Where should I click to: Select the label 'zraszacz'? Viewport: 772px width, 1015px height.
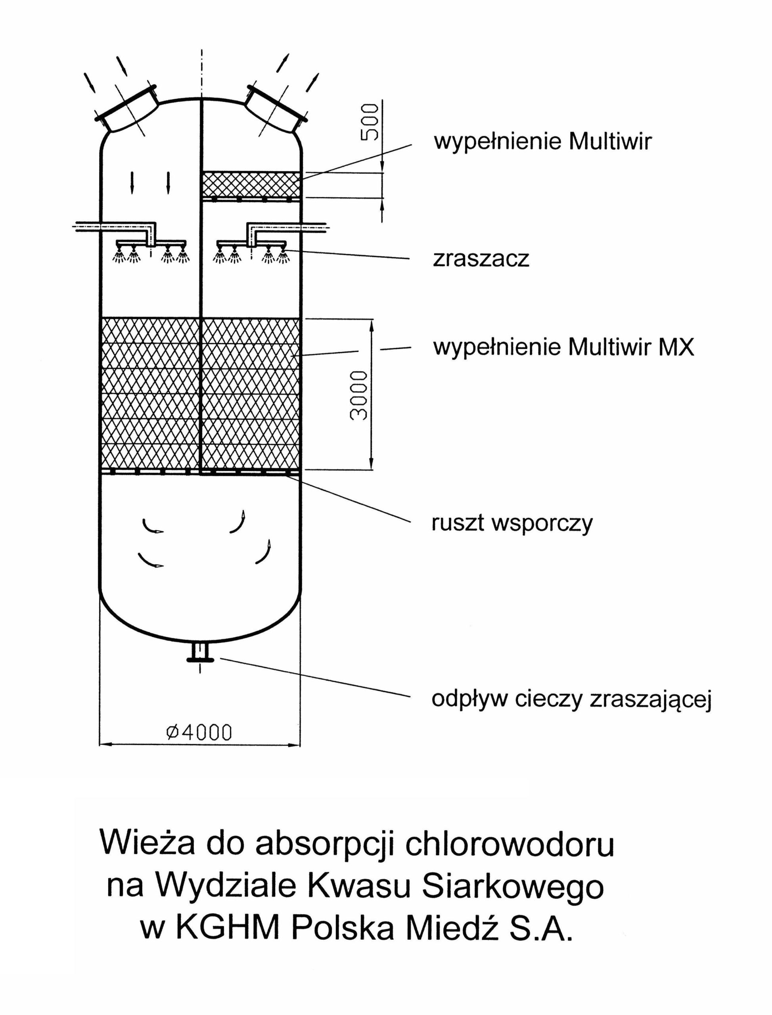(x=481, y=260)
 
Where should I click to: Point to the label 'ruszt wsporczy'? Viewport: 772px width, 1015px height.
(x=512, y=523)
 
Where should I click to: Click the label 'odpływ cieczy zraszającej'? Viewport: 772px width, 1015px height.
(x=571, y=699)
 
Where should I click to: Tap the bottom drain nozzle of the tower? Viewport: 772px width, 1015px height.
(x=200, y=653)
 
